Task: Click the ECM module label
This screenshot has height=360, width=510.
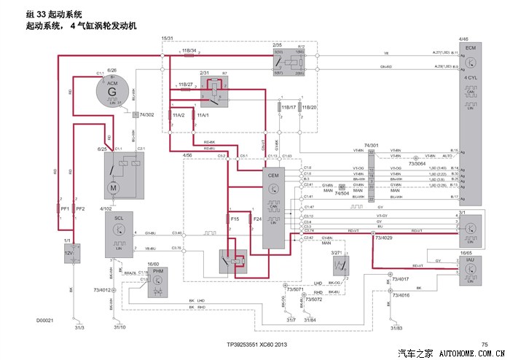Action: [470, 47]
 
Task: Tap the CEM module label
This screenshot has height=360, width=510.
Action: [274, 175]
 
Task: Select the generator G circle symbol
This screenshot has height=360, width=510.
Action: [111, 93]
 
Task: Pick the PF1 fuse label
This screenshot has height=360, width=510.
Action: [65, 209]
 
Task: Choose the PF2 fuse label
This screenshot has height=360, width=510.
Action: [81, 209]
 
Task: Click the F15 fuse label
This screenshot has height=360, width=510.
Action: [235, 219]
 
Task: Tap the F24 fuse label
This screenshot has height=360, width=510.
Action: [256, 219]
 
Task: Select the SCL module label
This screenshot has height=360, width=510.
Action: [118, 218]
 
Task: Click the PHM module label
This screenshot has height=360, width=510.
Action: [157, 270]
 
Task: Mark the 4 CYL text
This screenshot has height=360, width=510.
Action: [470, 77]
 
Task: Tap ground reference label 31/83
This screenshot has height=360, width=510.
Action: [396, 327]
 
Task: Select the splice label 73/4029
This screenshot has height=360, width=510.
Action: [384, 237]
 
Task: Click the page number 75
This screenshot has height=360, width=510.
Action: [484, 344]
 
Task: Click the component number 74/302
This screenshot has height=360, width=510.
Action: [145, 115]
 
